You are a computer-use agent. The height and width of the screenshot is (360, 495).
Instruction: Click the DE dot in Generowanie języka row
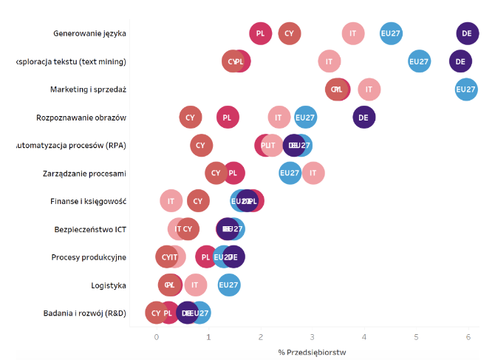(x=466, y=33)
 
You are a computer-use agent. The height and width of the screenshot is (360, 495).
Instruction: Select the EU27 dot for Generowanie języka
(x=391, y=33)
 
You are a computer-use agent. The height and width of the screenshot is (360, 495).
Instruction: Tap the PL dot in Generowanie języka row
(x=260, y=33)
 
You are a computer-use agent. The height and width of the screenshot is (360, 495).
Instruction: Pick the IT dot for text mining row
(x=329, y=61)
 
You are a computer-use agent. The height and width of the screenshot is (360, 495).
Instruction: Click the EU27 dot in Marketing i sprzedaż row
(x=465, y=89)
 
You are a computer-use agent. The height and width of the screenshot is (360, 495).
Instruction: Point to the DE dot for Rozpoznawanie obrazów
(x=363, y=118)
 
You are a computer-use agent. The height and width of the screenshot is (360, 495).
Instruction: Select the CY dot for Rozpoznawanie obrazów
(x=190, y=118)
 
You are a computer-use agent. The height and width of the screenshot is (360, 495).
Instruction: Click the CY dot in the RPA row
(x=200, y=146)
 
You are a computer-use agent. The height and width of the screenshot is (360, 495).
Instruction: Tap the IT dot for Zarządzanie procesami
(x=313, y=174)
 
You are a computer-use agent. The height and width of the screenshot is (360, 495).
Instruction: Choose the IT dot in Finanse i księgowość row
(x=171, y=201)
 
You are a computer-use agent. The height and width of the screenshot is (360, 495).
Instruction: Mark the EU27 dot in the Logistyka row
(x=229, y=285)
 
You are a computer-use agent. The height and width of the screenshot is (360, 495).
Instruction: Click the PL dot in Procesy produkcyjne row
(x=206, y=257)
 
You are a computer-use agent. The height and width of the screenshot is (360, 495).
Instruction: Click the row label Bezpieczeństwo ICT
(x=90, y=229)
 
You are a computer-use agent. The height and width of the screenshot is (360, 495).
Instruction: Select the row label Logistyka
(x=109, y=285)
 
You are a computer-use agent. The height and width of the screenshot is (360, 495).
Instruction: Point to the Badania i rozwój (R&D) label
(x=85, y=313)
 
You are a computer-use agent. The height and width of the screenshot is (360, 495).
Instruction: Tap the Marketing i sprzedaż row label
(x=89, y=89)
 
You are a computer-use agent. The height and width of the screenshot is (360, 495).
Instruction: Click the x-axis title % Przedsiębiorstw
(x=313, y=352)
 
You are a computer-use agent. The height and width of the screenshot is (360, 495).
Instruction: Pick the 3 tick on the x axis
(x=313, y=337)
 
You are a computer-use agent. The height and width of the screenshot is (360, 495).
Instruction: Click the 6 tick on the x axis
(x=468, y=337)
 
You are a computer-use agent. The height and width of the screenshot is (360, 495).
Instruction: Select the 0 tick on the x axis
(x=156, y=337)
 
